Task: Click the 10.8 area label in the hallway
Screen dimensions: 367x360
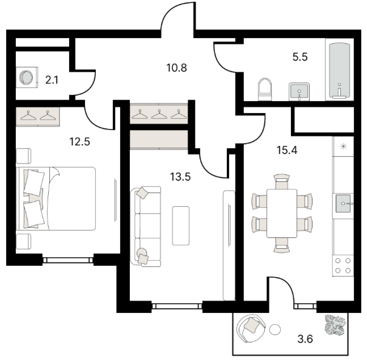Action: pos(176,68)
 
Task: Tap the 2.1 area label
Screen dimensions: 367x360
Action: pos(52,80)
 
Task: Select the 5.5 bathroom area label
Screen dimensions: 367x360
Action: pos(300,57)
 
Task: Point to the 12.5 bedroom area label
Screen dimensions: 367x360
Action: pos(79,141)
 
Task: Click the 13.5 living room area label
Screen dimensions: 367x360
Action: pos(180,177)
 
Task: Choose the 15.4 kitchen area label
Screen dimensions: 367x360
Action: pos(286,150)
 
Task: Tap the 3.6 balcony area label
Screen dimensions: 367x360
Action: pos(305,339)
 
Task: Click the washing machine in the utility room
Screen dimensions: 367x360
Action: pos(27,77)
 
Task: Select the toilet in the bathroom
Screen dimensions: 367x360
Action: pos(265,89)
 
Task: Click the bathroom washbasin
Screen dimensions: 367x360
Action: pos(299,91)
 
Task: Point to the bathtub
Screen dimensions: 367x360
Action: pos(339,70)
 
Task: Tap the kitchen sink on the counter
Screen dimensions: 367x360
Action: pos(343,203)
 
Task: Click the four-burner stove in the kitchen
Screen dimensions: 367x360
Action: pos(343,266)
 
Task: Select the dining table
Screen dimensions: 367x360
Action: pos(282,214)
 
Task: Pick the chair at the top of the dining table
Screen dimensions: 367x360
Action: pos(282,181)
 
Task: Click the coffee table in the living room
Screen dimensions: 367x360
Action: pos(181,225)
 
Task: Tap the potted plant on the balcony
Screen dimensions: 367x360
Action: pos(335,325)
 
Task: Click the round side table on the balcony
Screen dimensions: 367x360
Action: pos(275,329)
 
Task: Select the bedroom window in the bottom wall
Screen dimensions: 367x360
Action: pos(68,260)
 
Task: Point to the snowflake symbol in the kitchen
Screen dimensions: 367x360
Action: pos(343,146)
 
